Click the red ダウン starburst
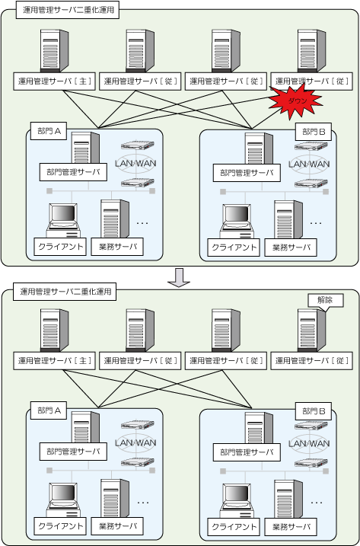coord(295,101)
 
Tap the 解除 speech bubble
coord(326,301)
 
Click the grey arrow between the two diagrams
coord(179,277)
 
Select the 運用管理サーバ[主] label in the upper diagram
coord(54,81)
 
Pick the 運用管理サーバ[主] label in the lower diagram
coord(54,361)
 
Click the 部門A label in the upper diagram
coord(49,131)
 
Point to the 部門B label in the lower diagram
coord(314,411)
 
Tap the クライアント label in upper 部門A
coord(61,247)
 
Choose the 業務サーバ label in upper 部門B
coord(291,247)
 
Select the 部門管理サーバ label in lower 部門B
coord(247,452)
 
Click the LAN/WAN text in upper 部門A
coord(135,163)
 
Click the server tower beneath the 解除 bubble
coord(311,330)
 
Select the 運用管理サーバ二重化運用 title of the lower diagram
coord(65,292)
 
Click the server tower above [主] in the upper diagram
coord(54,51)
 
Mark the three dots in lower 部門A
coord(143,503)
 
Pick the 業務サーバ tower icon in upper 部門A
coord(115,219)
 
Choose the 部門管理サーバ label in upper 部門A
coord(73,171)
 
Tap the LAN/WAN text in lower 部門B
coord(309,444)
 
